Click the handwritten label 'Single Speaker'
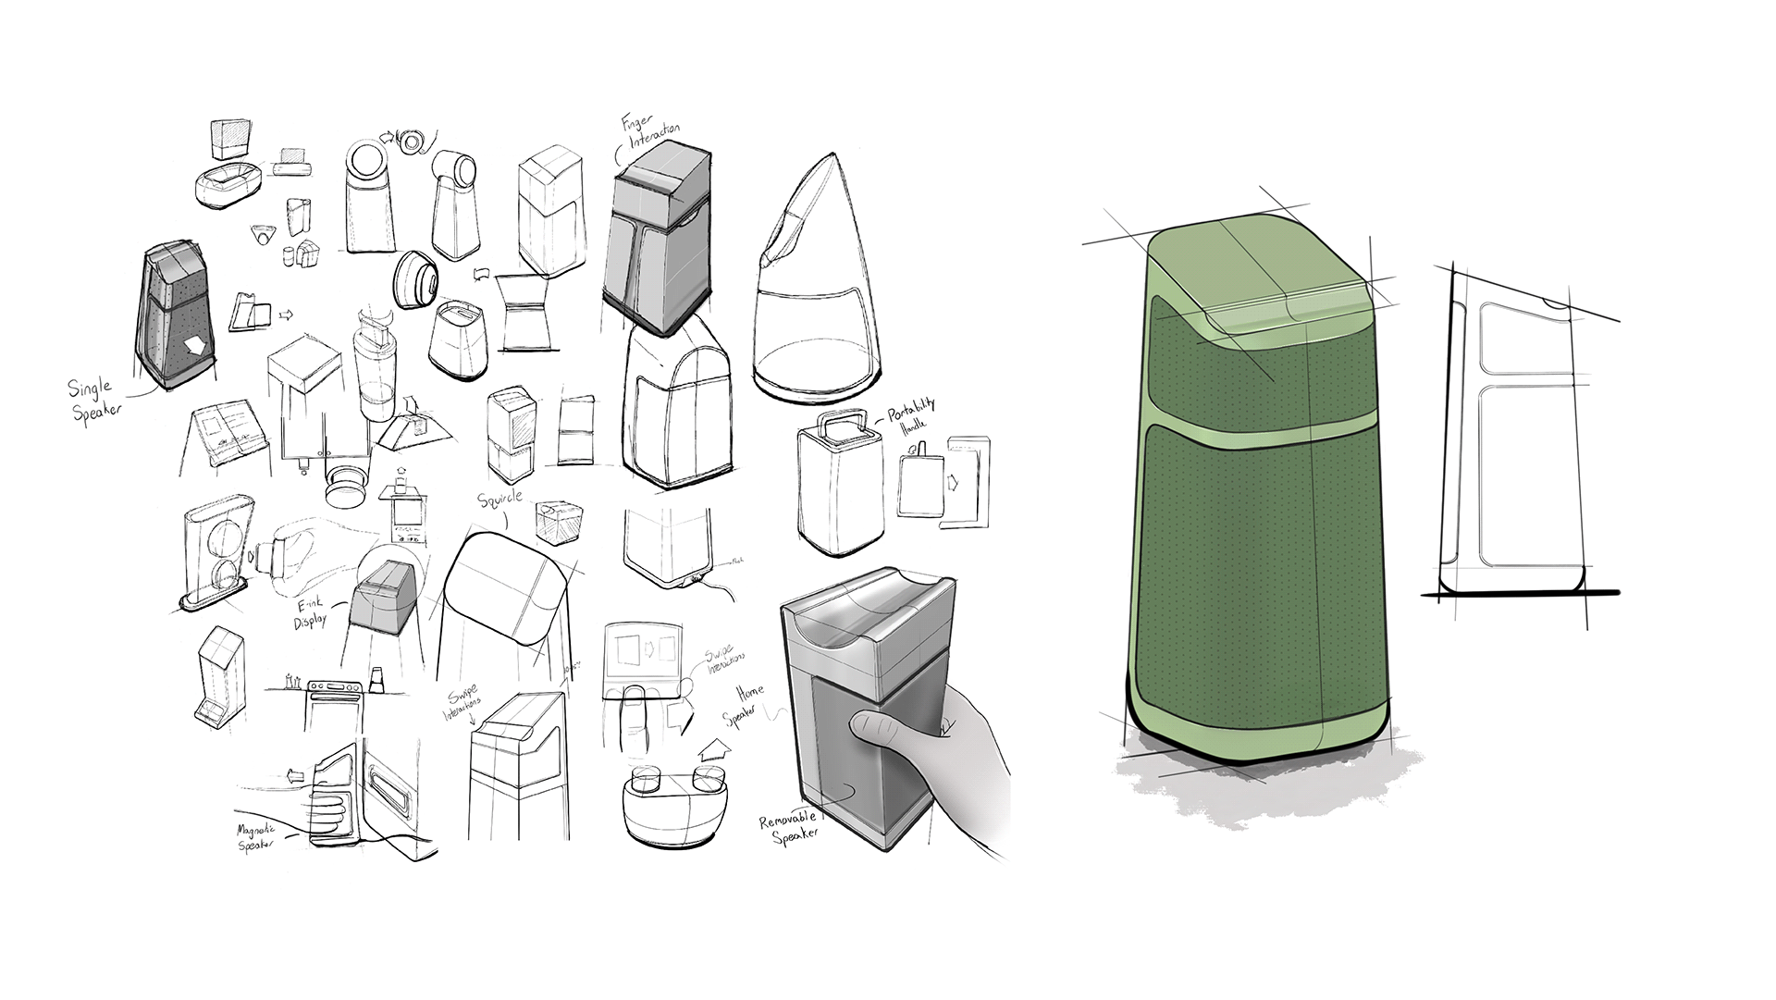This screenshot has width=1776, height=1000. pyautogui.click(x=97, y=397)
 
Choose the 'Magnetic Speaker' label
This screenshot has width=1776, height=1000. pyautogui.click(x=258, y=838)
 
